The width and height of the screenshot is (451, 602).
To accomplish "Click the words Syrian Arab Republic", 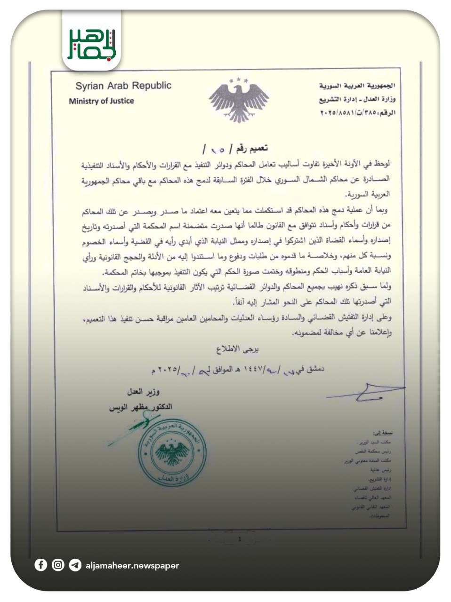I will click(x=123, y=86).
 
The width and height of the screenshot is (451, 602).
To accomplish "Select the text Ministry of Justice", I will click(x=101, y=101).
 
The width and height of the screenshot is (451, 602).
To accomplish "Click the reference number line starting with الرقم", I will click(x=358, y=113).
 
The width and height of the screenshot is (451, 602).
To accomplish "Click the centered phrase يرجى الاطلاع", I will click(x=238, y=350).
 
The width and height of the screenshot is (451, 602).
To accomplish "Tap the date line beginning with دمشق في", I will click(x=238, y=369).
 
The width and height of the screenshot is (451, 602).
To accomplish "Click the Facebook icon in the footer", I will click(x=41, y=565).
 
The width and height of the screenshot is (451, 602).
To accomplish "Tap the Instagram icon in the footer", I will click(x=58, y=565).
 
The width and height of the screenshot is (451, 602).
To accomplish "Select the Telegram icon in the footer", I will click(x=75, y=565).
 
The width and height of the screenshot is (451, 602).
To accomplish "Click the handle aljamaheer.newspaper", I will click(x=132, y=565).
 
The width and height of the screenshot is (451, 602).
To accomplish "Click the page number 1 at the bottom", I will click(x=239, y=539).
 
